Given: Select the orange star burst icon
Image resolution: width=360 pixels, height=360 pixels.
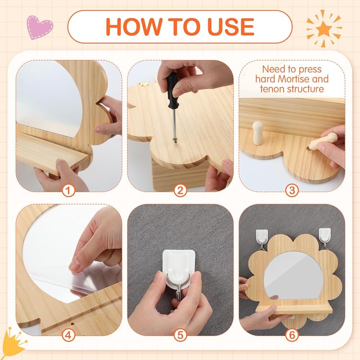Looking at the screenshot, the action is coord(324,28).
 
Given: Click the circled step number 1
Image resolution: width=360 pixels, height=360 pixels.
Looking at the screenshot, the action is coord(68,190).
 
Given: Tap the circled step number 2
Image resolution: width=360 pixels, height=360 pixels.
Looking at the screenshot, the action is coord(180,190).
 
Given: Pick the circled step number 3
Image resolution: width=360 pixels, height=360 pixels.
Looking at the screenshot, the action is coord(292,190).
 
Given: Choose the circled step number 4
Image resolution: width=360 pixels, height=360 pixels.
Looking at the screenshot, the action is coord(68,335).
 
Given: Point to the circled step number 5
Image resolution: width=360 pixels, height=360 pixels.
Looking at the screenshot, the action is coord(180,335).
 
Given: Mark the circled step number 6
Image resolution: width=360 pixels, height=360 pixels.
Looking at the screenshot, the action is coord(292,335).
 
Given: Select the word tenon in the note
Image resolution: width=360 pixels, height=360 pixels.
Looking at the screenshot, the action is coord(273,89).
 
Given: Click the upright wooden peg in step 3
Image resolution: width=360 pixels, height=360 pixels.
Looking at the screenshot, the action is coord(258,133).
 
